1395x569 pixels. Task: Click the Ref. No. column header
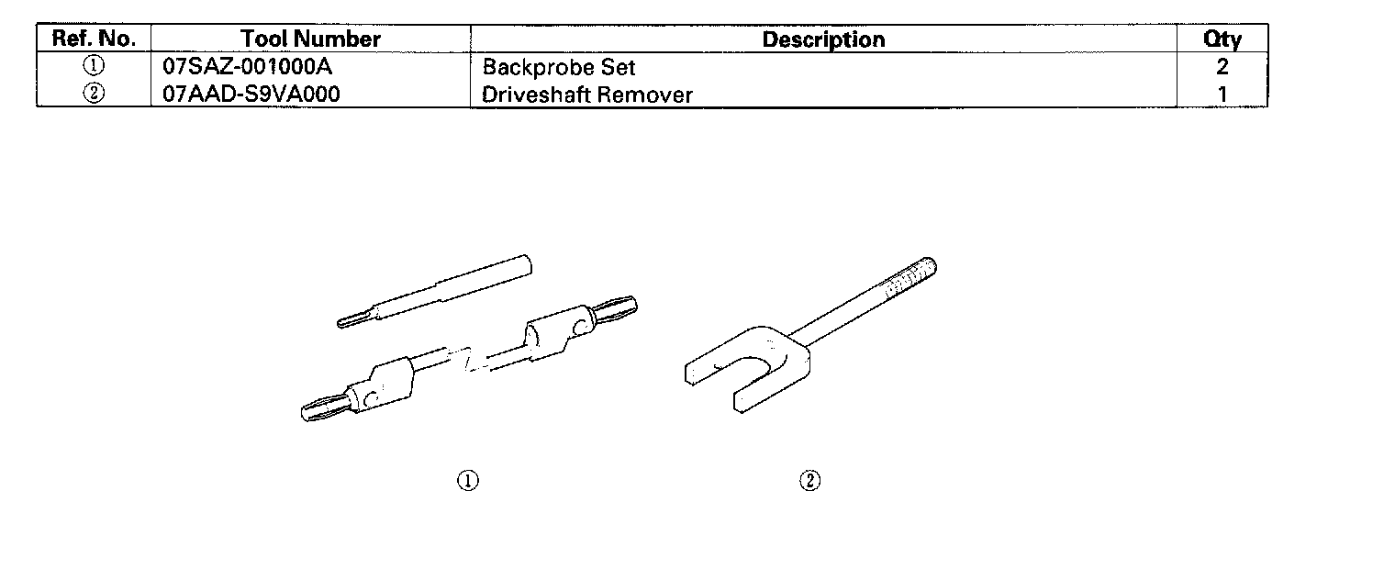click(x=94, y=39)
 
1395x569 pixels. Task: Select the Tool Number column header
click(x=310, y=39)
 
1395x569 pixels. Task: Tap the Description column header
click(x=823, y=39)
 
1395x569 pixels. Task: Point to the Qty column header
click(x=1222, y=39)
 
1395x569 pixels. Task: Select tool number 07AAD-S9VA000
click(x=243, y=94)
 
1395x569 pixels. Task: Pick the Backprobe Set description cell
click(x=558, y=67)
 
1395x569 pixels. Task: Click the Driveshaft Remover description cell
click(x=587, y=95)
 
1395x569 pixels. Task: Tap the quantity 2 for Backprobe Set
click(x=1222, y=67)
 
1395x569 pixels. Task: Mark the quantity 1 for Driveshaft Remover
click(x=1222, y=94)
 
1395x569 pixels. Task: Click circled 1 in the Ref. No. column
click(x=94, y=66)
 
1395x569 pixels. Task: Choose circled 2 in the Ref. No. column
click(x=94, y=94)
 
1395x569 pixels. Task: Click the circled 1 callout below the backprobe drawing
click(x=468, y=480)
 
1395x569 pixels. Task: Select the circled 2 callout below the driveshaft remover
click(x=809, y=480)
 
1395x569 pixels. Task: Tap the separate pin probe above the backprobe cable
click(x=436, y=289)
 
